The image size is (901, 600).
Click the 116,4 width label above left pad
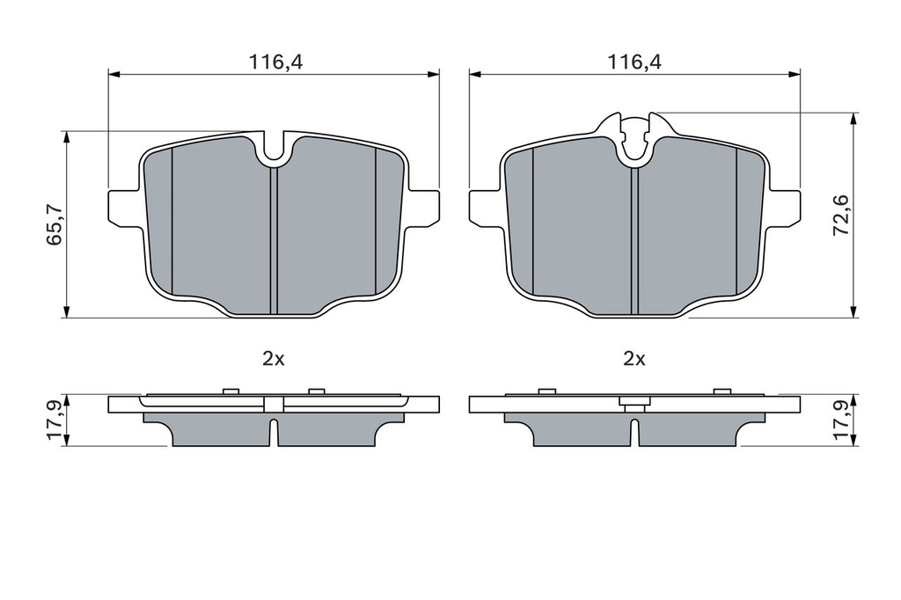click(275, 62)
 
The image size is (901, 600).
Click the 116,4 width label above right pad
click(635, 62)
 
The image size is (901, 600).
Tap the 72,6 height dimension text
click(842, 215)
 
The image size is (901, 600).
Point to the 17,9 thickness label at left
click(55, 421)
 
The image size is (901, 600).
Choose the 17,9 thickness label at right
click(842, 421)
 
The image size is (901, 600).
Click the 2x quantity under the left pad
click(274, 359)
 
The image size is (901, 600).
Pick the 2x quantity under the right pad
click(634, 359)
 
